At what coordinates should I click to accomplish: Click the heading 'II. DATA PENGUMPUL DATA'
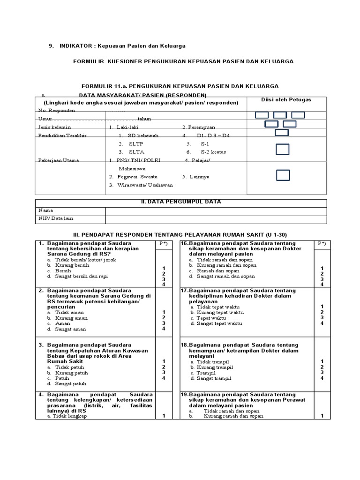tap(181, 202)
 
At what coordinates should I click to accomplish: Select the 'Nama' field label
tap(46, 210)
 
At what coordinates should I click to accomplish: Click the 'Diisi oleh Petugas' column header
tap(286, 100)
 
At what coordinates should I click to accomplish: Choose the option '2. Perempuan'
tap(199, 127)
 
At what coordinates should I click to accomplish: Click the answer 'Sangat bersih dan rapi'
tap(78, 277)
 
